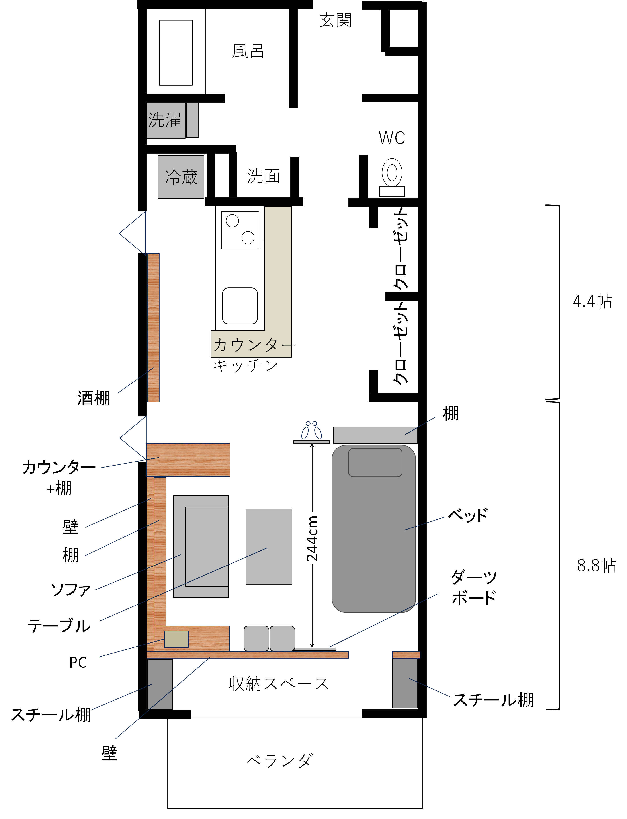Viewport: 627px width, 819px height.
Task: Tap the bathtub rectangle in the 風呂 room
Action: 176,53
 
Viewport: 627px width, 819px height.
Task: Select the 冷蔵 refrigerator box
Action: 181,177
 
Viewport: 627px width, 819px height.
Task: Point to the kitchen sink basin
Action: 240,306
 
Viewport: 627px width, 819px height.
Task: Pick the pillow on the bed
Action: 375,462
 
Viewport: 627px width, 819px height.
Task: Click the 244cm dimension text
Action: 312,538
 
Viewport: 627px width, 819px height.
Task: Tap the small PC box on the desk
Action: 176,639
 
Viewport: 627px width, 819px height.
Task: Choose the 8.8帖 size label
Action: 596,565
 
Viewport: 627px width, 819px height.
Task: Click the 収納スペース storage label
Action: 278,684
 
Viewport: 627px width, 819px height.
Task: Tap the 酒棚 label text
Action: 94,398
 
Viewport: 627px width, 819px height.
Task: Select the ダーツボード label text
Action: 474,587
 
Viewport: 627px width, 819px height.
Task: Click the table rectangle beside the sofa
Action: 269,546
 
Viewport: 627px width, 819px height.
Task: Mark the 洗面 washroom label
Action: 263,176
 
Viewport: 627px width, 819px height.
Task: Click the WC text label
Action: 392,138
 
